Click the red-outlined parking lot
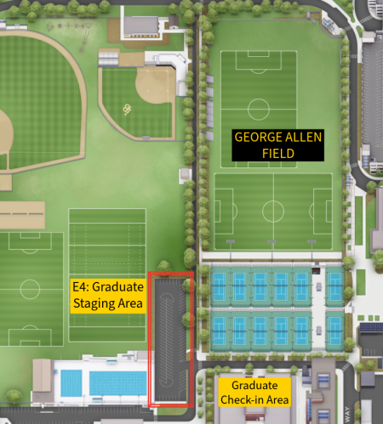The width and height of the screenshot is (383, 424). tap(170, 340)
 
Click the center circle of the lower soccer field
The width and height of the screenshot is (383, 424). tap(273, 211)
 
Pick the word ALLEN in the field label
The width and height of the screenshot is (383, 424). tap(277, 137)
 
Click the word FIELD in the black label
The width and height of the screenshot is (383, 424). tap(277, 153)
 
